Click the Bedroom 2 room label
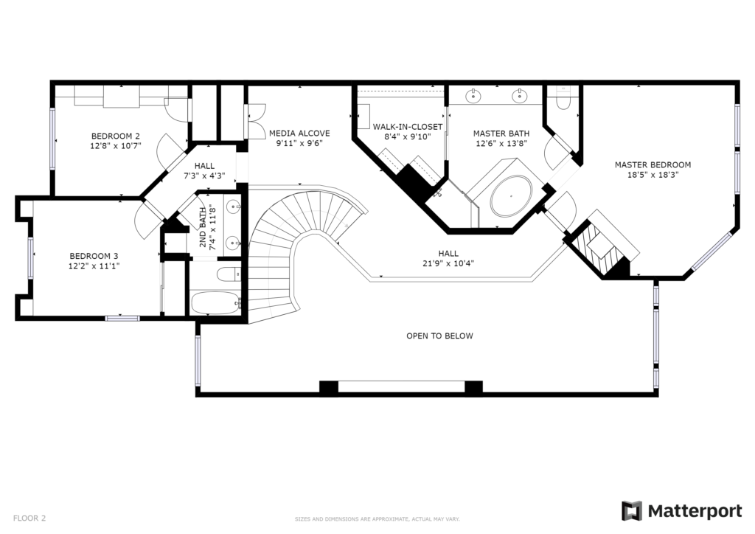click(x=116, y=136)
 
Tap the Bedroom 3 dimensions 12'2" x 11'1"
click(x=94, y=266)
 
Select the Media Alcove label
click(x=299, y=133)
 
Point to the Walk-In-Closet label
click(x=407, y=127)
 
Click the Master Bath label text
click(x=501, y=133)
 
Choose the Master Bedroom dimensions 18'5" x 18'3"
click(x=653, y=176)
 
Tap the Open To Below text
click(x=439, y=336)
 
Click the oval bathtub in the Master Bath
click(x=511, y=195)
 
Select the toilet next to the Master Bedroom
click(x=563, y=100)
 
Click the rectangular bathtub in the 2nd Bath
click(x=215, y=303)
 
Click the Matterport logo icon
click(x=632, y=511)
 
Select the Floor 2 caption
click(x=29, y=519)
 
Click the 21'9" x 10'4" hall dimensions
click(x=448, y=263)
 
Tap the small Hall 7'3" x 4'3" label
click(x=205, y=171)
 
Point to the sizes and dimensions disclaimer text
click(x=377, y=519)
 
